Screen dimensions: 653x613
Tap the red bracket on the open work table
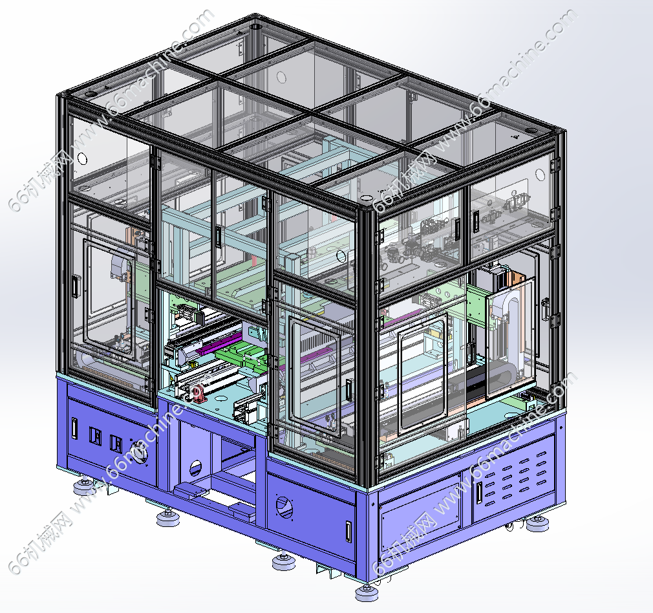202,393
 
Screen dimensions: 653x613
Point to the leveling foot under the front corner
366,592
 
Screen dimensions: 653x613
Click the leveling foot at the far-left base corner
84,486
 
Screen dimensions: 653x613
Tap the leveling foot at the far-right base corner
537,523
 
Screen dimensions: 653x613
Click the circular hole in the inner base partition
195,469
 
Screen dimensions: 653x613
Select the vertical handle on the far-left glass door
75,287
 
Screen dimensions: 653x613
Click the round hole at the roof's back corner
255,27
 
